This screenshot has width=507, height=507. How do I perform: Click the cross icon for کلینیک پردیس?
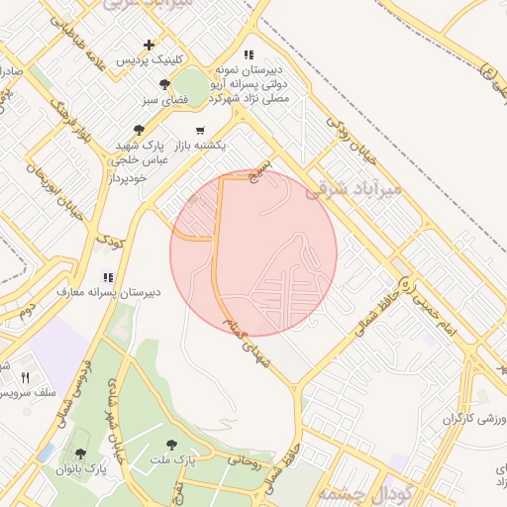coord(150,45)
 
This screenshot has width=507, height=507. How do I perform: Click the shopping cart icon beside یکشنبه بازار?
coord(201,130)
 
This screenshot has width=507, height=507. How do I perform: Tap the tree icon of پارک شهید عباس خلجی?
coord(139,129)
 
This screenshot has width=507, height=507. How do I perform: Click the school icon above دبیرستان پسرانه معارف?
coord(108,277)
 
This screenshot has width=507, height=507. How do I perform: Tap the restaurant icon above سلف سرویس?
coord(26,377)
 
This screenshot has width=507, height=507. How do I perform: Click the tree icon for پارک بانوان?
coord(81,453)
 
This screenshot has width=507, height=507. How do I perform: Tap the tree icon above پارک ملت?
coord(173,445)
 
